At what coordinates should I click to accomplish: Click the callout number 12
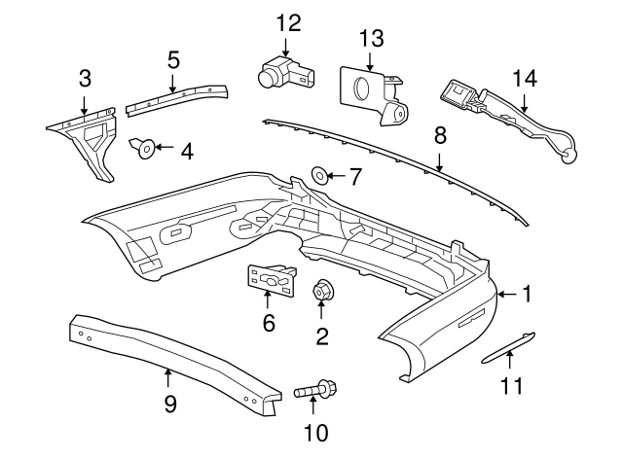pos(289,22)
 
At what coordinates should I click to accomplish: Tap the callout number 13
pos(372,39)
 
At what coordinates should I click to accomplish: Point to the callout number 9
pos(169,402)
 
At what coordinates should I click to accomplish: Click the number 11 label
pos(511,386)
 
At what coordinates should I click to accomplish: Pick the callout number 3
pos(85,77)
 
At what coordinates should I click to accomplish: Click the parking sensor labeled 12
pos(283,74)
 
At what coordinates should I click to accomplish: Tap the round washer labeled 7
pos(319,176)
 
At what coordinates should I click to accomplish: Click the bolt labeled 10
pos(315,391)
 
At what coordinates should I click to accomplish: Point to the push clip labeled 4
pos(144,149)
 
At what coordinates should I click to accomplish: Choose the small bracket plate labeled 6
pos(270,280)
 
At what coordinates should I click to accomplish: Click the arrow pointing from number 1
pos(505,293)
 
